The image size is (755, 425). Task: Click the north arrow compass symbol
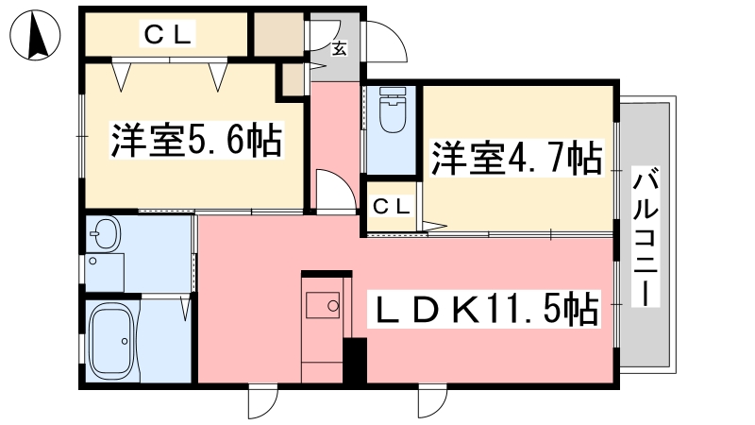pyautogui.click(x=35, y=35)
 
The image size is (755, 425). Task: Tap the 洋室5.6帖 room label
pyautogui.click(x=196, y=141)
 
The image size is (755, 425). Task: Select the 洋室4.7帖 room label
pyautogui.click(x=516, y=158)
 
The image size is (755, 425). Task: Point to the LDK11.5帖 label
pyautogui.click(x=483, y=309)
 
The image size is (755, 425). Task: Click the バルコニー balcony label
pyautogui.click(x=646, y=237)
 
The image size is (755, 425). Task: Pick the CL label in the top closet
pyautogui.click(x=168, y=34)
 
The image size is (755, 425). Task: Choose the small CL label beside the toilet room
pyautogui.click(x=392, y=207)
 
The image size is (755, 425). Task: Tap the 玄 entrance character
pyautogui.click(x=340, y=48)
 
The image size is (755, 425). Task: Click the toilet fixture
pyautogui.click(x=393, y=110)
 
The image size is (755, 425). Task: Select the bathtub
pyautogui.click(x=112, y=341)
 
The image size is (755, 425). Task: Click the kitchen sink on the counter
pyautogui.click(x=323, y=305)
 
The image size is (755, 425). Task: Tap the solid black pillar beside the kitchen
pyautogui.click(x=355, y=361)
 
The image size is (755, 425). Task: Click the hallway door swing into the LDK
pyautogui.click(x=337, y=190)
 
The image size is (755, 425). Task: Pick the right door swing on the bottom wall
pyautogui.click(x=432, y=399)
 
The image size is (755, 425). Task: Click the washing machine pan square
pyautogui.click(x=105, y=273)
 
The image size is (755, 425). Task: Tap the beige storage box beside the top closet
pyautogui.click(x=278, y=35)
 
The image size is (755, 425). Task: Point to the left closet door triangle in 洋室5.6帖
pyautogui.click(x=122, y=77)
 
